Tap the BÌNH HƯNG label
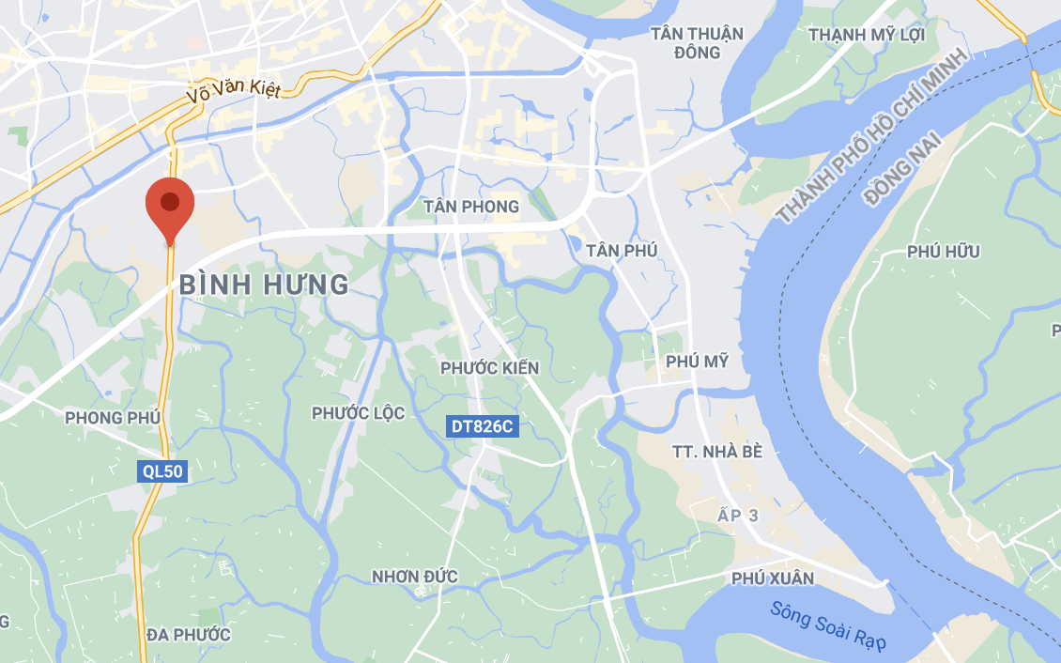(264, 285)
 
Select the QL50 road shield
(162, 471)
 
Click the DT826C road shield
(483, 426)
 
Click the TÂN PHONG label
(471, 207)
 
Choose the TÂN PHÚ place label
(622, 251)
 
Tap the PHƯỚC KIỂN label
(490, 368)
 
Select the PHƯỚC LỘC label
(359, 413)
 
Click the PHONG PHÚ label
(113, 417)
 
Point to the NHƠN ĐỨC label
(415, 577)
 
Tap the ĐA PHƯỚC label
(189, 635)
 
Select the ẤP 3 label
(737, 516)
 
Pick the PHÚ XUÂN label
(773, 578)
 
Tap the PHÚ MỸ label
(697, 362)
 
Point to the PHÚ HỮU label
(944, 252)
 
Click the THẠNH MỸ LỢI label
(867, 35)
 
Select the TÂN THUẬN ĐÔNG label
(697, 43)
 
